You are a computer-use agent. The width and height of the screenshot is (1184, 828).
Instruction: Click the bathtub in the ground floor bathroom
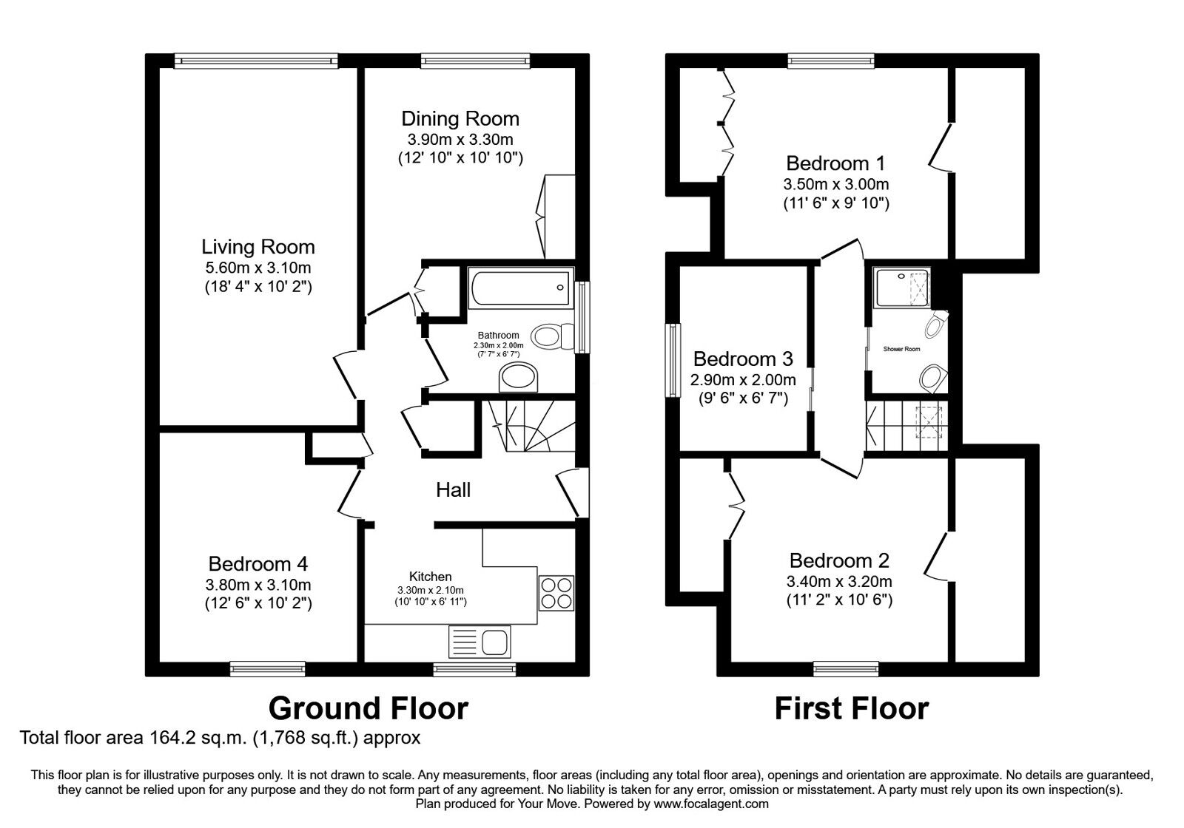520,288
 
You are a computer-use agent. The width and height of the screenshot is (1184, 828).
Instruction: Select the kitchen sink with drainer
480,642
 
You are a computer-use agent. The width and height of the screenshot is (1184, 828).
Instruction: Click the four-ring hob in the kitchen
556,593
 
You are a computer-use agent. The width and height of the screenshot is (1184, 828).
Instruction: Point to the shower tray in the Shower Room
903,288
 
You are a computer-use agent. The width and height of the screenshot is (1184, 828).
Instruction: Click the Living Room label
258,247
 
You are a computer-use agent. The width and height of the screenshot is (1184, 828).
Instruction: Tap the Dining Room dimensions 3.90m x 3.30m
460,140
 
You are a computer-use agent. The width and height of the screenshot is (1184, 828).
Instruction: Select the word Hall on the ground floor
453,490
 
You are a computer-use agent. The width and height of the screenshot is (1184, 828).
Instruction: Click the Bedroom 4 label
258,564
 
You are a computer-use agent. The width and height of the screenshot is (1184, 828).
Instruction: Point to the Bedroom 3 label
743,359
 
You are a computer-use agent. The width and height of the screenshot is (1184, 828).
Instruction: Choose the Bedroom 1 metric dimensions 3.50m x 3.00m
835,184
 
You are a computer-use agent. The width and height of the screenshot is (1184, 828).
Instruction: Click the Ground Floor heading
369,708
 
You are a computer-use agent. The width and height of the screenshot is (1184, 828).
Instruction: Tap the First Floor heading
852,709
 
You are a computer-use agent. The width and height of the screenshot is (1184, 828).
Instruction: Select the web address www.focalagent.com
711,804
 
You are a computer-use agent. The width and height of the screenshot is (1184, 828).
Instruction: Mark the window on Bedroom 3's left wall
673,359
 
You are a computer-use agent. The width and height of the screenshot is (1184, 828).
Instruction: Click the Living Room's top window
256,61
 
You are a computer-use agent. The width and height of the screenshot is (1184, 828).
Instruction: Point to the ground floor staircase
531,426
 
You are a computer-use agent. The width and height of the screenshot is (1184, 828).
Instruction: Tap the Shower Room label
902,349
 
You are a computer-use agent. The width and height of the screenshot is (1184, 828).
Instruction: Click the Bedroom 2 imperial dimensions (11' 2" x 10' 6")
839,600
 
